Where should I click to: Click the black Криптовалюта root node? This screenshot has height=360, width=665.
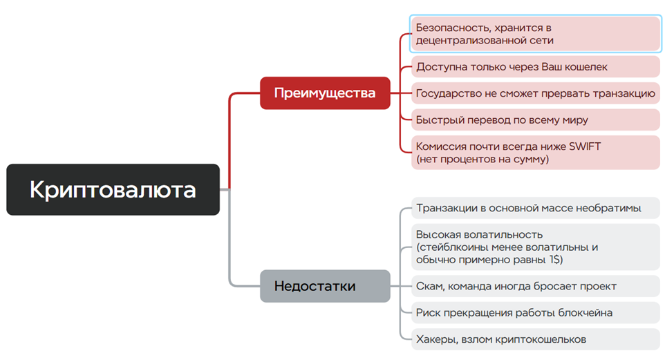pos(113,189)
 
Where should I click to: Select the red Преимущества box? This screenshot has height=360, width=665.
pos(325,93)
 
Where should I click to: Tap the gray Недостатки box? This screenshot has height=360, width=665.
pos(325,286)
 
